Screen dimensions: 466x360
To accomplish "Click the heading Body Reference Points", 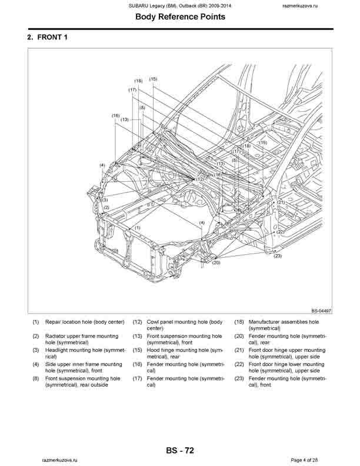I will point(179,17).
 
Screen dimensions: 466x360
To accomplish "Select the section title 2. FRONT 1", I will point(52,37).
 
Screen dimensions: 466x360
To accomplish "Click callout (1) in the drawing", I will point(138,227).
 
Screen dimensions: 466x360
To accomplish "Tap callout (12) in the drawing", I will point(200,179).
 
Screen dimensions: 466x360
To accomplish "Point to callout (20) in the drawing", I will point(216,262).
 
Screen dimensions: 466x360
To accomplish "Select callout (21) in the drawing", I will point(281,202).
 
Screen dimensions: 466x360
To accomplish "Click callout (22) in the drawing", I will point(281,232).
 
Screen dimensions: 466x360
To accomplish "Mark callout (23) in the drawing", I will point(278,255).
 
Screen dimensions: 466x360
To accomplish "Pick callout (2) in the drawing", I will point(106,207).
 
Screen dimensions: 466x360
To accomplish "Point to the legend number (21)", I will point(239,350).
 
